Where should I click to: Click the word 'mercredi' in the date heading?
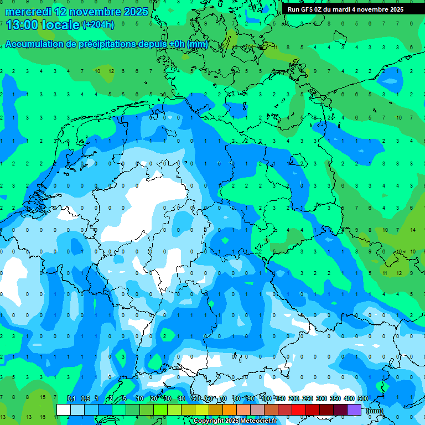coord(29,12)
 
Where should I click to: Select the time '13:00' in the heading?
coord(22,25)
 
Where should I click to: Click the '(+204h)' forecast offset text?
coord(98,25)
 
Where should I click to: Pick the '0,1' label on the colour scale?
coord(71,398)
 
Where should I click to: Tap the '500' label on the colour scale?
coord(363,398)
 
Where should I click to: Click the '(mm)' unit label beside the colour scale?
coord(375,410)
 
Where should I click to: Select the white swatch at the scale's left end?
coord(64,410)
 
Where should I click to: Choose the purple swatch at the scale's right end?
coord(354,410)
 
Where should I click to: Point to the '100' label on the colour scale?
coord(266,398)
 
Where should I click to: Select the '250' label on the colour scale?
coord(308,398)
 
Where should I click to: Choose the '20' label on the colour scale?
coord(154,398)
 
